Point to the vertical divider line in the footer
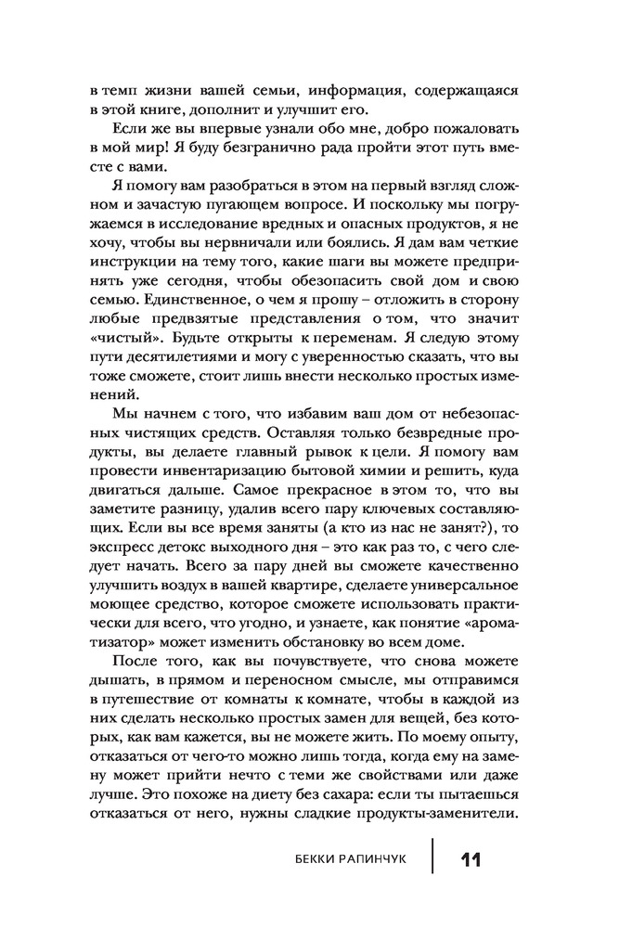click(432, 859)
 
